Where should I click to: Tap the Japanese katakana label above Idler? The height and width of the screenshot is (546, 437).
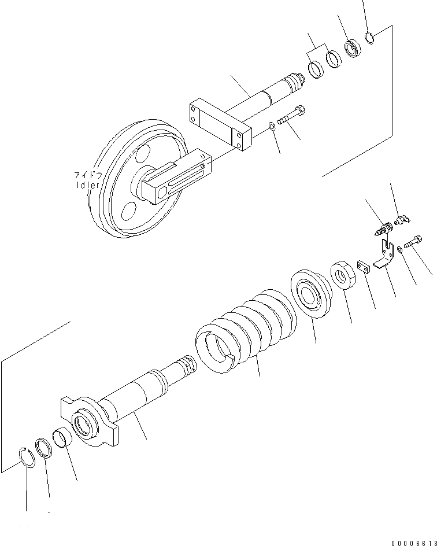coord(87,175)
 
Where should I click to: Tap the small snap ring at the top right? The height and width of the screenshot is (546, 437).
coord(371,38)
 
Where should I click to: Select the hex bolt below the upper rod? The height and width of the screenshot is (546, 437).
coord(292,117)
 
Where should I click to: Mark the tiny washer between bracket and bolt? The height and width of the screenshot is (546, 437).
coord(399,250)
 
